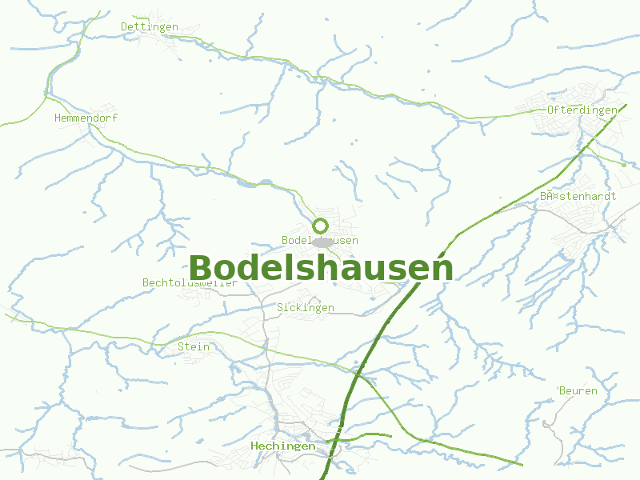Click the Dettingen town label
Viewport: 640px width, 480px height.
(x=149, y=26)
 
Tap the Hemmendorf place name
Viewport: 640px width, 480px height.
(x=86, y=118)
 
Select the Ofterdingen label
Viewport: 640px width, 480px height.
(x=582, y=110)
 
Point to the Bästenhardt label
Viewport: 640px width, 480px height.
(x=578, y=196)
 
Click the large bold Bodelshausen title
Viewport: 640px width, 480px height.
(x=321, y=268)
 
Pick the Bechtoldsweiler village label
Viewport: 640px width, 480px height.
(x=190, y=282)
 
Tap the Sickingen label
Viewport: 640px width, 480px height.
(x=306, y=307)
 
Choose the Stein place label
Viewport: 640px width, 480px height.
(x=194, y=346)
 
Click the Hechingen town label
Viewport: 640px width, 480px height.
(x=282, y=446)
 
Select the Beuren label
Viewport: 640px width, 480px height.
(x=578, y=390)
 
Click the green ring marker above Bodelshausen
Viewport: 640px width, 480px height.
(x=321, y=226)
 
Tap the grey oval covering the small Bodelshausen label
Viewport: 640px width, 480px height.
(x=322, y=242)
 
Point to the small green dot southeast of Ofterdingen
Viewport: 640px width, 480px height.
(x=624, y=165)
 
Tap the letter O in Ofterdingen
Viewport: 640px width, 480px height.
(x=551, y=110)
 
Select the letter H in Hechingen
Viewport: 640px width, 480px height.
(x=254, y=446)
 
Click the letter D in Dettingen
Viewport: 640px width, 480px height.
(x=125, y=26)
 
